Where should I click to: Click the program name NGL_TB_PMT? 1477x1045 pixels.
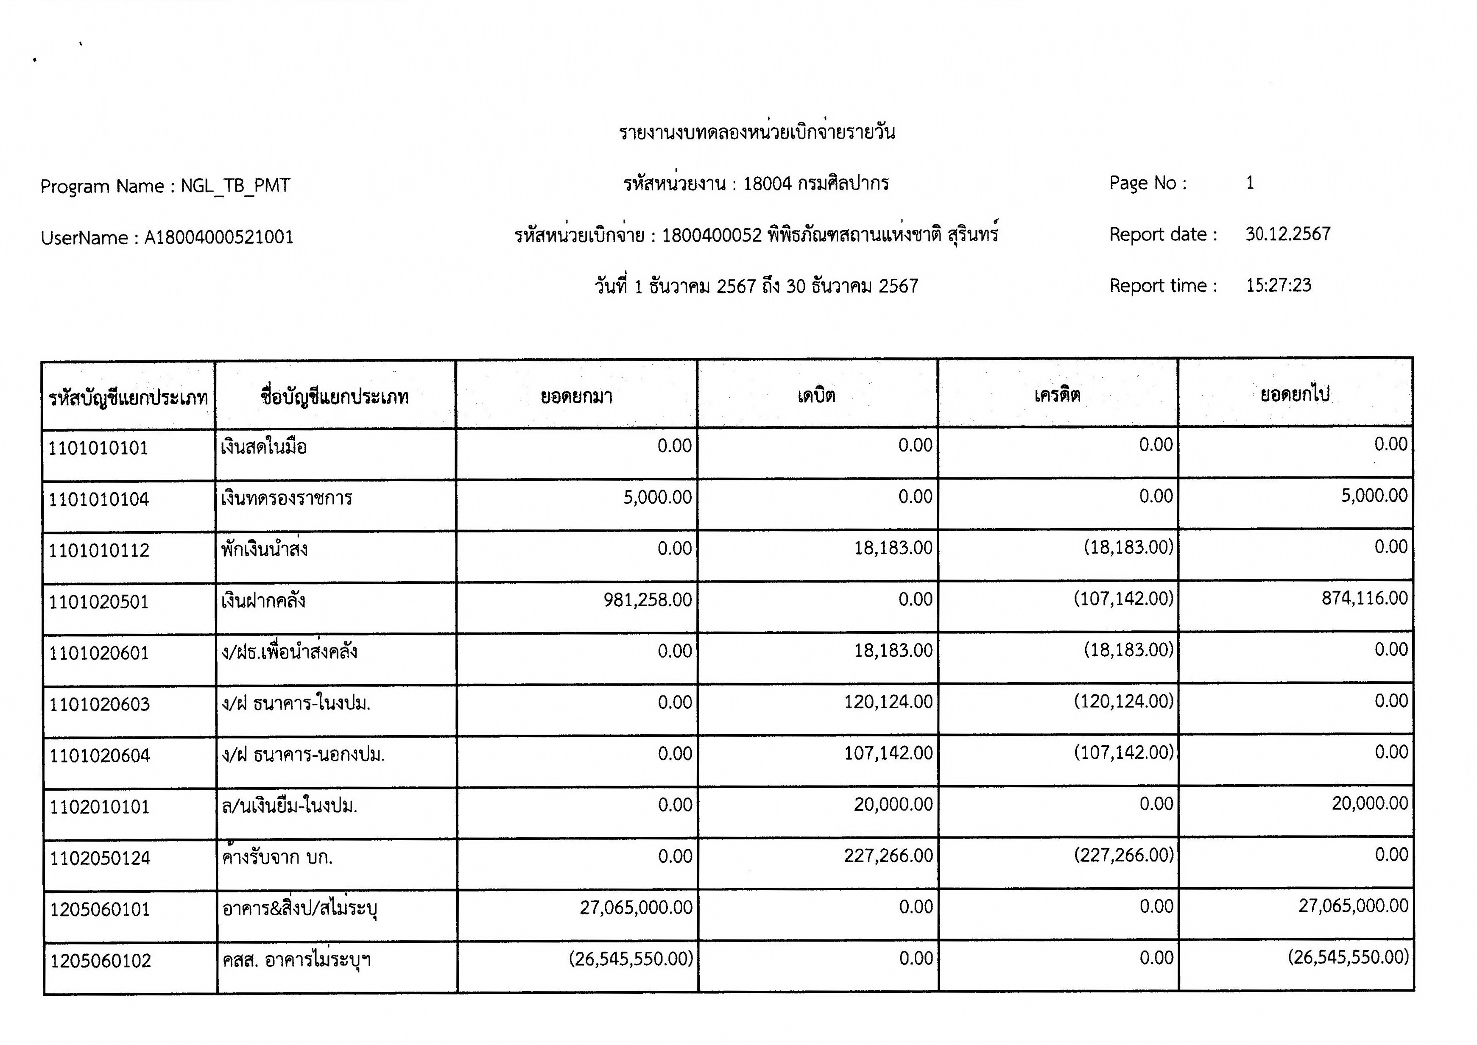pyautogui.click(x=235, y=186)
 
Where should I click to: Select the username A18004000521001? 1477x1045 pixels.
pyautogui.click(x=219, y=237)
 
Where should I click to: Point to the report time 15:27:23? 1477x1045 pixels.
pyautogui.click(x=1278, y=285)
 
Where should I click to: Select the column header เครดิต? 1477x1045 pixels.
pyautogui.click(x=1057, y=394)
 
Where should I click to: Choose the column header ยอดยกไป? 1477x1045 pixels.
pyautogui.click(x=1294, y=394)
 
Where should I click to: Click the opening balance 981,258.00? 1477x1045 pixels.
pyautogui.click(x=648, y=600)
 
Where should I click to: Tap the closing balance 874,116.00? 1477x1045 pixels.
pyautogui.click(x=1364, y=599)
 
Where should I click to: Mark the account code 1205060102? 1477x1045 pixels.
pyautogui.click(x=101, y=961)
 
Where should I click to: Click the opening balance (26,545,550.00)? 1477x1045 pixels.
pyautogui.click(x=631, y=959)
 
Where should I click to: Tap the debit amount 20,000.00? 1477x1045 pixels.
pyautogui.click(x=893, y=804)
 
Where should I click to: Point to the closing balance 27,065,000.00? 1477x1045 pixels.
pyautogui.click(x=1353, y=906)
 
